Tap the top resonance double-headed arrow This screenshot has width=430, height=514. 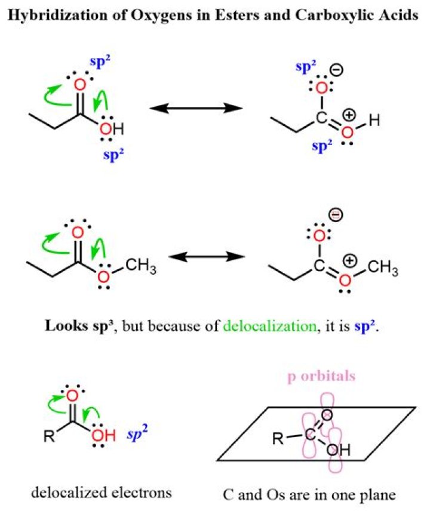[x=196, y=108]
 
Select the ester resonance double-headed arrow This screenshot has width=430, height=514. [x=207, y=257]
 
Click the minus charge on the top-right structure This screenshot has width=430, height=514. [x=337, y=70]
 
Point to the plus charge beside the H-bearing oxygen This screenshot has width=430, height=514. [x=349, y=115]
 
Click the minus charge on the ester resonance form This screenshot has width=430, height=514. [x=336, y=215]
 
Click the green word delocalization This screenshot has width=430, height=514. [x=269, y=326]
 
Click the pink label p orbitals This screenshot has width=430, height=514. [x=321, y=377]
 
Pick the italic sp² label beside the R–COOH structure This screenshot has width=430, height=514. [x=137, y=433]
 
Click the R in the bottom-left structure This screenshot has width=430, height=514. [x=49, y=436]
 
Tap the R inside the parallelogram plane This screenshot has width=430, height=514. [x=278, y=438]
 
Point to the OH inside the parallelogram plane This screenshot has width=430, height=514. [x=339, y=450]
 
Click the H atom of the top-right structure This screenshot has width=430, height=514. [x=374, y=121]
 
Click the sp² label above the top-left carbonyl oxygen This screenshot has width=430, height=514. [x=100, y=62]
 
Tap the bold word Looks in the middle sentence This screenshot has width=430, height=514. [x=66, y=326]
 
